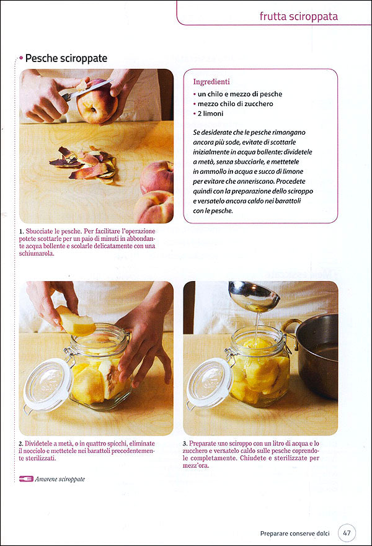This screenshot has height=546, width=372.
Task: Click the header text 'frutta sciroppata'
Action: point(299,16)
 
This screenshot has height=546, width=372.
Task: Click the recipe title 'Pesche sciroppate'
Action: point(66,58)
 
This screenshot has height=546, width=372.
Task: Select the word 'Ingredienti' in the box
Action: point(211,82)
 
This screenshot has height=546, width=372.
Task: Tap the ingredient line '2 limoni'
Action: point(210,114)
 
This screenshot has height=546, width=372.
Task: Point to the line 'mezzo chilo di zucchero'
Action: point(235,104)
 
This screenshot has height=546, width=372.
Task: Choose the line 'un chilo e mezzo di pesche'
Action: point(240,94)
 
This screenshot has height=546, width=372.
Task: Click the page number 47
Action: point(347,533)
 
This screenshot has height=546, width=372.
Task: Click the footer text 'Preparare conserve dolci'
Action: point(294,534)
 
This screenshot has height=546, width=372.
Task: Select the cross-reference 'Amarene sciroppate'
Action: point(60,479)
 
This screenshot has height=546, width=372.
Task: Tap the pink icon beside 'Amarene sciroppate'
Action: point(26,479)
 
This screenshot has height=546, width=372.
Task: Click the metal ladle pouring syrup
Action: point(254,296)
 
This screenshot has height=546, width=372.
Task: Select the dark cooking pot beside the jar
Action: point(317,355)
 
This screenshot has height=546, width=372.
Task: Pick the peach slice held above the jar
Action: point(76,321)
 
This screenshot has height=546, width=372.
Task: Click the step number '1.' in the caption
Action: point(22,231)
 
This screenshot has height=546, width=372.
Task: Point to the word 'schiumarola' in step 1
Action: point(37,254)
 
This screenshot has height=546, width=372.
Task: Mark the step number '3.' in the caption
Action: point(185,444)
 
